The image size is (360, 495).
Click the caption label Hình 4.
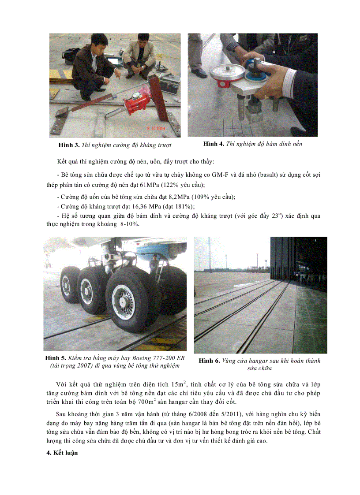pyautogui.click(x=214, y=144)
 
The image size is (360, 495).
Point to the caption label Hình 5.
pyautogui.click(x=56, y=357)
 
